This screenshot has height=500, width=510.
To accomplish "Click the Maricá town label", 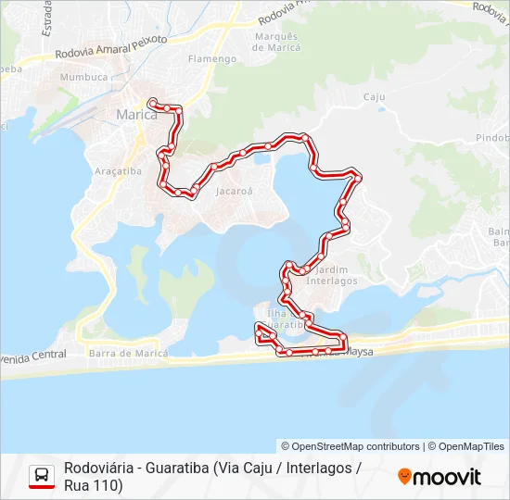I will pos(137,115).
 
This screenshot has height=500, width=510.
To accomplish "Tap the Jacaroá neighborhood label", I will pos(234,192).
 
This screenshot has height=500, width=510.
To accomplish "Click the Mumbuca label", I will pos(84,77).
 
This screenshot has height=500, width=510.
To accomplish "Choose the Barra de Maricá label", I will pos(128,353).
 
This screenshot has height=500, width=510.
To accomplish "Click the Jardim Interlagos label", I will pos(331,275).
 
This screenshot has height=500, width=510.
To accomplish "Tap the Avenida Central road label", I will pos(33,354).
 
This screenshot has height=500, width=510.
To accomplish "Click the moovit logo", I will pos(440,477).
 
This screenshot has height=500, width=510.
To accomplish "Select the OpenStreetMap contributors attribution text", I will pos(351,446).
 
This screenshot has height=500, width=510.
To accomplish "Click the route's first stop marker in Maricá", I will pos(152,101).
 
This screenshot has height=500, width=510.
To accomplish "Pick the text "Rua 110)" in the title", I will pos(94,485).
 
